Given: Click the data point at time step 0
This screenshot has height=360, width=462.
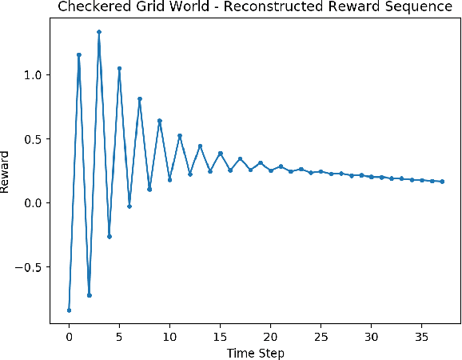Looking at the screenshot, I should point(69,310).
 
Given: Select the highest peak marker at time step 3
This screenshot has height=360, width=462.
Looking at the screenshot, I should point(99,32).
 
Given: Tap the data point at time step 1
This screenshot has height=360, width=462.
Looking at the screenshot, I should point(79,55).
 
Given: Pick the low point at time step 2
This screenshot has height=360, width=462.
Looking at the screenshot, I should point(89,295).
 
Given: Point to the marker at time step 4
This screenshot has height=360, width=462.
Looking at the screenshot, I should point(110,236).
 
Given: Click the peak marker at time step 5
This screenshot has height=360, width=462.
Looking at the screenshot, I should point(119,69).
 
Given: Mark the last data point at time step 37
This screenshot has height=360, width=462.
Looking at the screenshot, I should point(442,182).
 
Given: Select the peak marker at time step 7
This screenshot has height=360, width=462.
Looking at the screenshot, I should point(140,99).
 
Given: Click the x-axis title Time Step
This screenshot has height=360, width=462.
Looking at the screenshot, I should point(255,352).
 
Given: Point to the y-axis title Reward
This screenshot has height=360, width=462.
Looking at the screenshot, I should point(6,171).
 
